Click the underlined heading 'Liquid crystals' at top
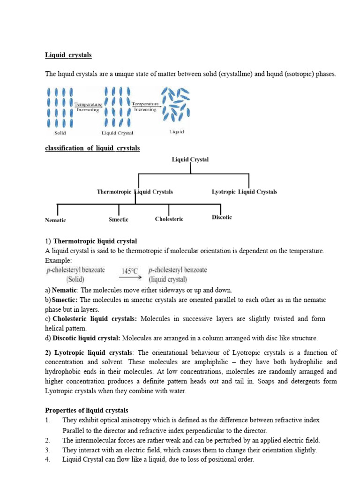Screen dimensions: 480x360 tap(68, 55)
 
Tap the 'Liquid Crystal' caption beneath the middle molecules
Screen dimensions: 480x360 tap(117, 133)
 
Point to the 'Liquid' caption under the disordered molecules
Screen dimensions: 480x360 tap(176, 132)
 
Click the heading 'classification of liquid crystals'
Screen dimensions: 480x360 tap(92, 148)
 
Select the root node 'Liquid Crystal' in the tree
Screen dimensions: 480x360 tap(190, 159)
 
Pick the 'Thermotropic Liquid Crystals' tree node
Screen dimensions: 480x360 tap(135, 192)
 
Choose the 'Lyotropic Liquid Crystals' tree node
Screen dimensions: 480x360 tap(244, 192)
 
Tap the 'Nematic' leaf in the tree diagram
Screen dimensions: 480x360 tap(55, 220)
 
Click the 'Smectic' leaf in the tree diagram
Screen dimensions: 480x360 tap(119, 219)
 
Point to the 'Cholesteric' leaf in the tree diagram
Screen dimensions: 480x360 tap(169, 219)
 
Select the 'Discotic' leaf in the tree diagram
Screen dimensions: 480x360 tap(222, 217)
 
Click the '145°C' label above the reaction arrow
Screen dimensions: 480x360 tap(130, 271)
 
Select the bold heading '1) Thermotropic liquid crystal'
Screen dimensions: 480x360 tap(91, 241)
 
